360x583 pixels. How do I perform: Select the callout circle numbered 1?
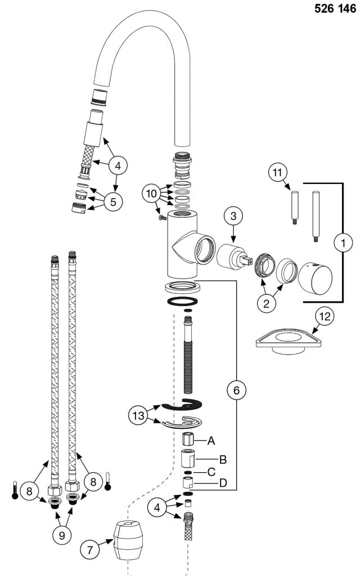point(344,243)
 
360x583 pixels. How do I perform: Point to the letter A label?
point(211,439)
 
